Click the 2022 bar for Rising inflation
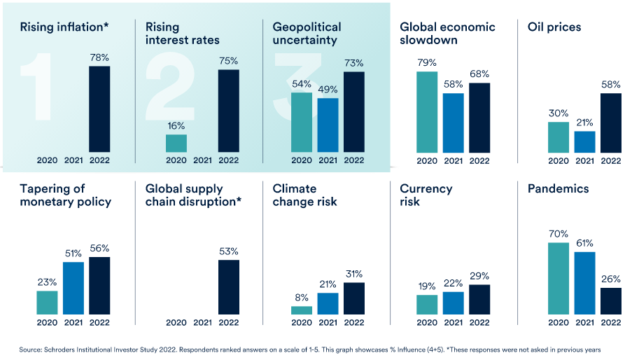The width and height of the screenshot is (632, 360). coord(99,109)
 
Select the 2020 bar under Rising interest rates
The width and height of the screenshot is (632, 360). coord(176,143)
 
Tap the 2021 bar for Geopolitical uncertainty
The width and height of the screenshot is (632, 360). coord(328,125)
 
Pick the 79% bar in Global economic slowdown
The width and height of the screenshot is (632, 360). coord(427,112)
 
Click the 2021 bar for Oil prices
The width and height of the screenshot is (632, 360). coord(584,141)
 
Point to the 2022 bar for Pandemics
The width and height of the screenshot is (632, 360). coord(611,300)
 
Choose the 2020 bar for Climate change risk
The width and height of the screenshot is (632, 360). coord(302,310)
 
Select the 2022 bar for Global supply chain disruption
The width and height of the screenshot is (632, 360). coord(229,286)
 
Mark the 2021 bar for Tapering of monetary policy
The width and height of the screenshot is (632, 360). coord(73,288)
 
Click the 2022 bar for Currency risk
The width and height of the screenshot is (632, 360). coord(479,299)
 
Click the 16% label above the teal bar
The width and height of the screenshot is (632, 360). coord(176,126)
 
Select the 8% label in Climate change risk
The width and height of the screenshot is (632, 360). coord(302,298)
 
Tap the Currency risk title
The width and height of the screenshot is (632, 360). coord(426,195)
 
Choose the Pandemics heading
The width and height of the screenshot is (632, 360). coord(558,188)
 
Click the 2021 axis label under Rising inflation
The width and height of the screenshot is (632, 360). coord(73,160)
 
